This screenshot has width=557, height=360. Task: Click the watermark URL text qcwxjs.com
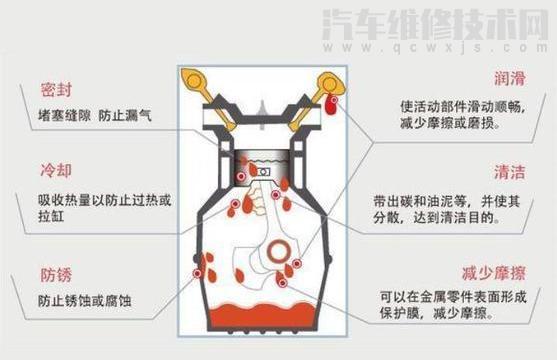coord(470,45)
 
